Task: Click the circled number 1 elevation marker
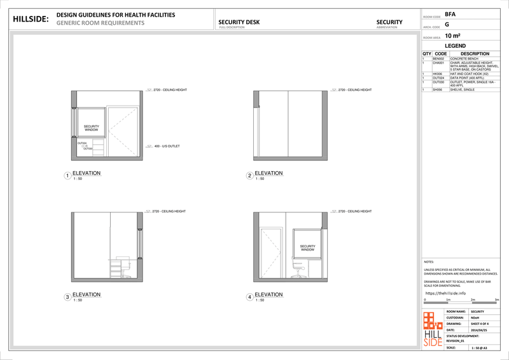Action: [x=67, y=176]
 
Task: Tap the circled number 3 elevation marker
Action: [x=67, y=297]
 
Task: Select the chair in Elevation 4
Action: [x=296, y=270]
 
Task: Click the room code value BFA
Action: [x=450, y=13]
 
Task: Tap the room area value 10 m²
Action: [x=453, y=36]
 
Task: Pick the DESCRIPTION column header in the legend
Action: [x=475, y=54]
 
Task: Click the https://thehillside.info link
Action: [x=445, y=293]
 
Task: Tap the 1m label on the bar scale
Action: [x=448, y=299]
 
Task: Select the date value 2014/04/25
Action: [x=478, y=330]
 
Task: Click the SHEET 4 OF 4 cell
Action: [x=478, y=323]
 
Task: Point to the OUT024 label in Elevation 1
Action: [x=82, y=143]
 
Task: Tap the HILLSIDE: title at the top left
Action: [x=31, y=19]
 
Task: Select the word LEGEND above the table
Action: [x=457, y=46]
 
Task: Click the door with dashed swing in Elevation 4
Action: [x=272, y=253]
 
